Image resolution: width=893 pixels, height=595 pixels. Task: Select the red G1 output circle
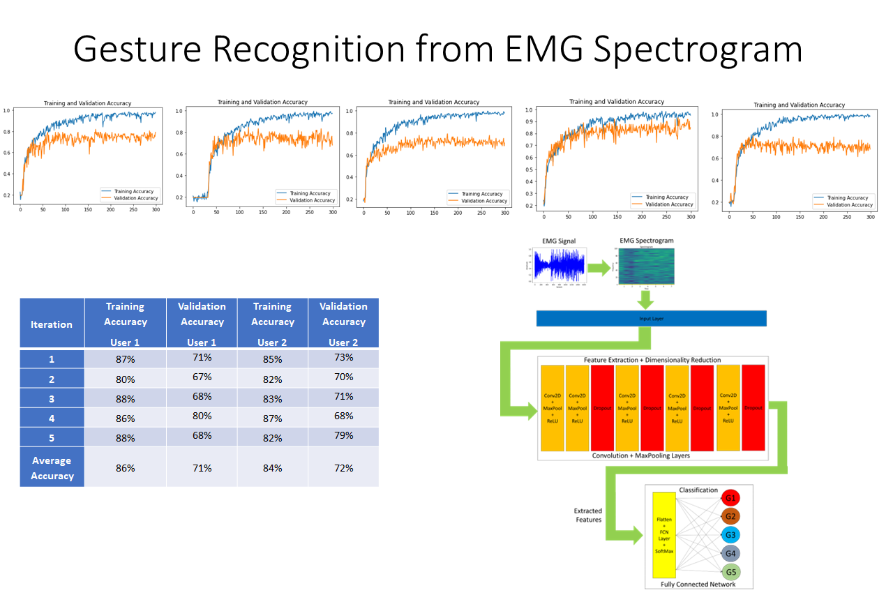click(730, 498)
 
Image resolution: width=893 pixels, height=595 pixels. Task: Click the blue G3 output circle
click(730, 535)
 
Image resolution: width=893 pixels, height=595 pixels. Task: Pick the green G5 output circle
click(730, 573)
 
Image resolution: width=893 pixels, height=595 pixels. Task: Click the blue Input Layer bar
click(651, 318)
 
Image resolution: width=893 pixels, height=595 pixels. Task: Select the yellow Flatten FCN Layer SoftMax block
click(663, 535)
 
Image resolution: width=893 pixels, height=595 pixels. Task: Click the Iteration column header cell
click(52, 324)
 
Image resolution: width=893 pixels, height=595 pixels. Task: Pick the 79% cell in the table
click(343, 435)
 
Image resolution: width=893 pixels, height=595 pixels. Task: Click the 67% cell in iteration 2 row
click(202, 377)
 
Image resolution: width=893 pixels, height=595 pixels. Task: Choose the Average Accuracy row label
click(52, 467)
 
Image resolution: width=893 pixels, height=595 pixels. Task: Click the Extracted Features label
click(588, 515)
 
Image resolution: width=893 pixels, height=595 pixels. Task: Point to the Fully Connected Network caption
click(698, 584)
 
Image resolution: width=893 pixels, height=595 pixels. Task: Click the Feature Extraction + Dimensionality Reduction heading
click(652, 360)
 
